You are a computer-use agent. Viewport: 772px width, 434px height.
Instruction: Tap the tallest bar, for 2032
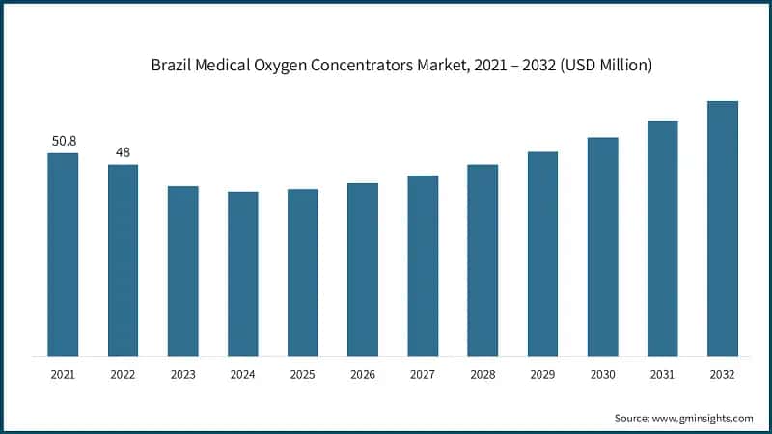pyautogui.click(x=722, y=228)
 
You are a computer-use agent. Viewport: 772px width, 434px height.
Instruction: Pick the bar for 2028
pyautogui.click(x=482, y=259)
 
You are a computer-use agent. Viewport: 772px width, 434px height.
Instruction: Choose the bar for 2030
pyautogui.click(x=602, y=246)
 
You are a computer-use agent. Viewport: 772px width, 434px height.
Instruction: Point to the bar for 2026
pyautogui.click(x=363, y=269)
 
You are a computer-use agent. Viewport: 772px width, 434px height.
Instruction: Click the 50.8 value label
pyautogui.click(x=64, y=141)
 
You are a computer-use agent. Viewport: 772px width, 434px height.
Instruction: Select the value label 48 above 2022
pyautogui.click(x=123, y=152)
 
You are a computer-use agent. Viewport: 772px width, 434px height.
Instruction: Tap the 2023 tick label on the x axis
pyautogui.click(x=183, y=374)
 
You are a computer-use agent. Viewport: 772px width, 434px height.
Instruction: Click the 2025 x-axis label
pyautogui.click(x=303, y=374)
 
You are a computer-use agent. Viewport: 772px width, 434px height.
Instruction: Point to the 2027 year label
pyautogui.click(x=423, y=374)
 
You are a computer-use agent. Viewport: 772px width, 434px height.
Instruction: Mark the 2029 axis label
pyautogui.click(x=542, y=374)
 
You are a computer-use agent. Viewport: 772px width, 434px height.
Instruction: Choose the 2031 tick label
pyautogui.click(x=662, y=374)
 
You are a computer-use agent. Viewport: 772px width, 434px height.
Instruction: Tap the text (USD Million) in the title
pyautogui.click(x=609, y=66)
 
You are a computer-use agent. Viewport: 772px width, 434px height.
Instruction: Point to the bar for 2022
pyautogui.click(x=123, y=259)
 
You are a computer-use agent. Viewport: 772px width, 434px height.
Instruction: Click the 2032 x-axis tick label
pyautogui.click(x=722, y=374)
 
